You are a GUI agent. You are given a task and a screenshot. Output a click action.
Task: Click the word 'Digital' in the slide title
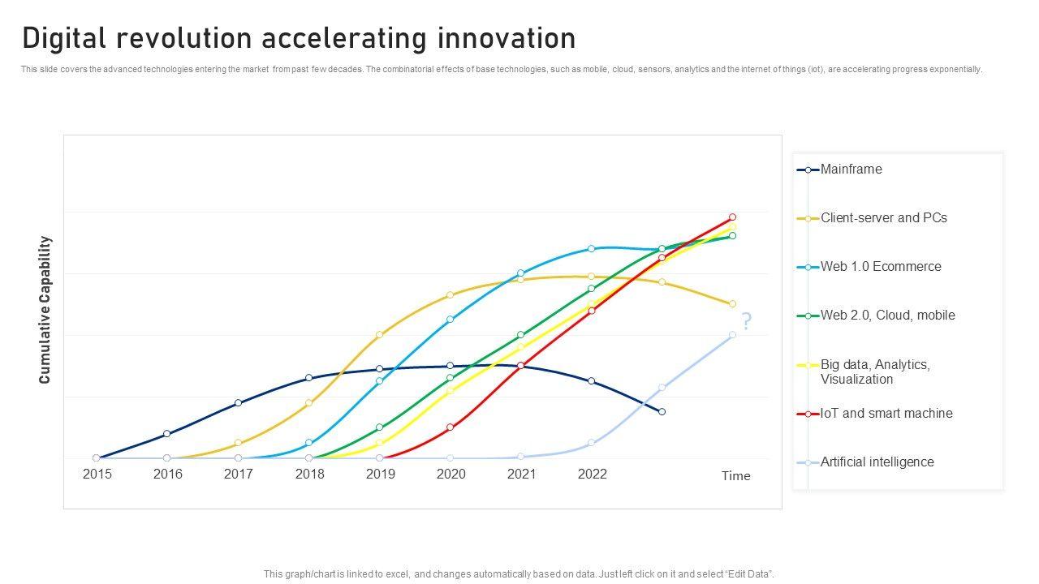coord(67,38)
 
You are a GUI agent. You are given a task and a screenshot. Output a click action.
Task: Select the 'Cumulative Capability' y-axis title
coord(45,310)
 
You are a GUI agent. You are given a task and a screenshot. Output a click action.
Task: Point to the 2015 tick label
coord(97,474)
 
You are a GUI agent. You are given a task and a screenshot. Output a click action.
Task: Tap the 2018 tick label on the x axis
coord(309,474)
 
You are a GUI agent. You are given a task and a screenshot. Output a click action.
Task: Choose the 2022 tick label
coord(592,474)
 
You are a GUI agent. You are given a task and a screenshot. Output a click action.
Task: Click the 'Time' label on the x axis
coord(735,476)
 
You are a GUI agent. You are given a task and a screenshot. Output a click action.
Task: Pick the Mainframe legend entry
coord(851,170)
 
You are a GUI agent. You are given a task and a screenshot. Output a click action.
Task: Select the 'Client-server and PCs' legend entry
coord(883,218)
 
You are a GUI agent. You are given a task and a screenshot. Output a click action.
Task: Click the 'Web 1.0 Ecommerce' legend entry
coord(881,267)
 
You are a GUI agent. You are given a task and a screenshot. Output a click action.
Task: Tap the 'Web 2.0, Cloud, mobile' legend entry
coord(887,316)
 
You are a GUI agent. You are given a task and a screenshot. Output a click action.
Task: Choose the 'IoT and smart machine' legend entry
coord(886,414)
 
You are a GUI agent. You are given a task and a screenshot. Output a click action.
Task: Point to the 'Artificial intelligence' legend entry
coord(877,462)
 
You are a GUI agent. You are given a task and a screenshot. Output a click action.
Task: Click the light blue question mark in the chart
coord(746,321)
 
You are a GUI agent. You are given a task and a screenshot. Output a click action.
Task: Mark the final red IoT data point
coord(732,217)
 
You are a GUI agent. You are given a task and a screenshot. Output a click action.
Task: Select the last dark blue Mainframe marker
coord(662,412)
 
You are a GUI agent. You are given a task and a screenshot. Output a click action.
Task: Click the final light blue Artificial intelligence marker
coord(732,334)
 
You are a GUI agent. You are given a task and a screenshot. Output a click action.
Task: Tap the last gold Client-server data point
coord(732,304)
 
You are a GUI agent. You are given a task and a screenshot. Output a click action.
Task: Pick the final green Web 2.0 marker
coord(732,236)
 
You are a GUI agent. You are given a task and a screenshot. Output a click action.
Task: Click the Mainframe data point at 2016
coord(166,434)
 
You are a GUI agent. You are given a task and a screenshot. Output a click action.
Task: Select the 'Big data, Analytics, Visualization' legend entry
coord(875,372)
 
